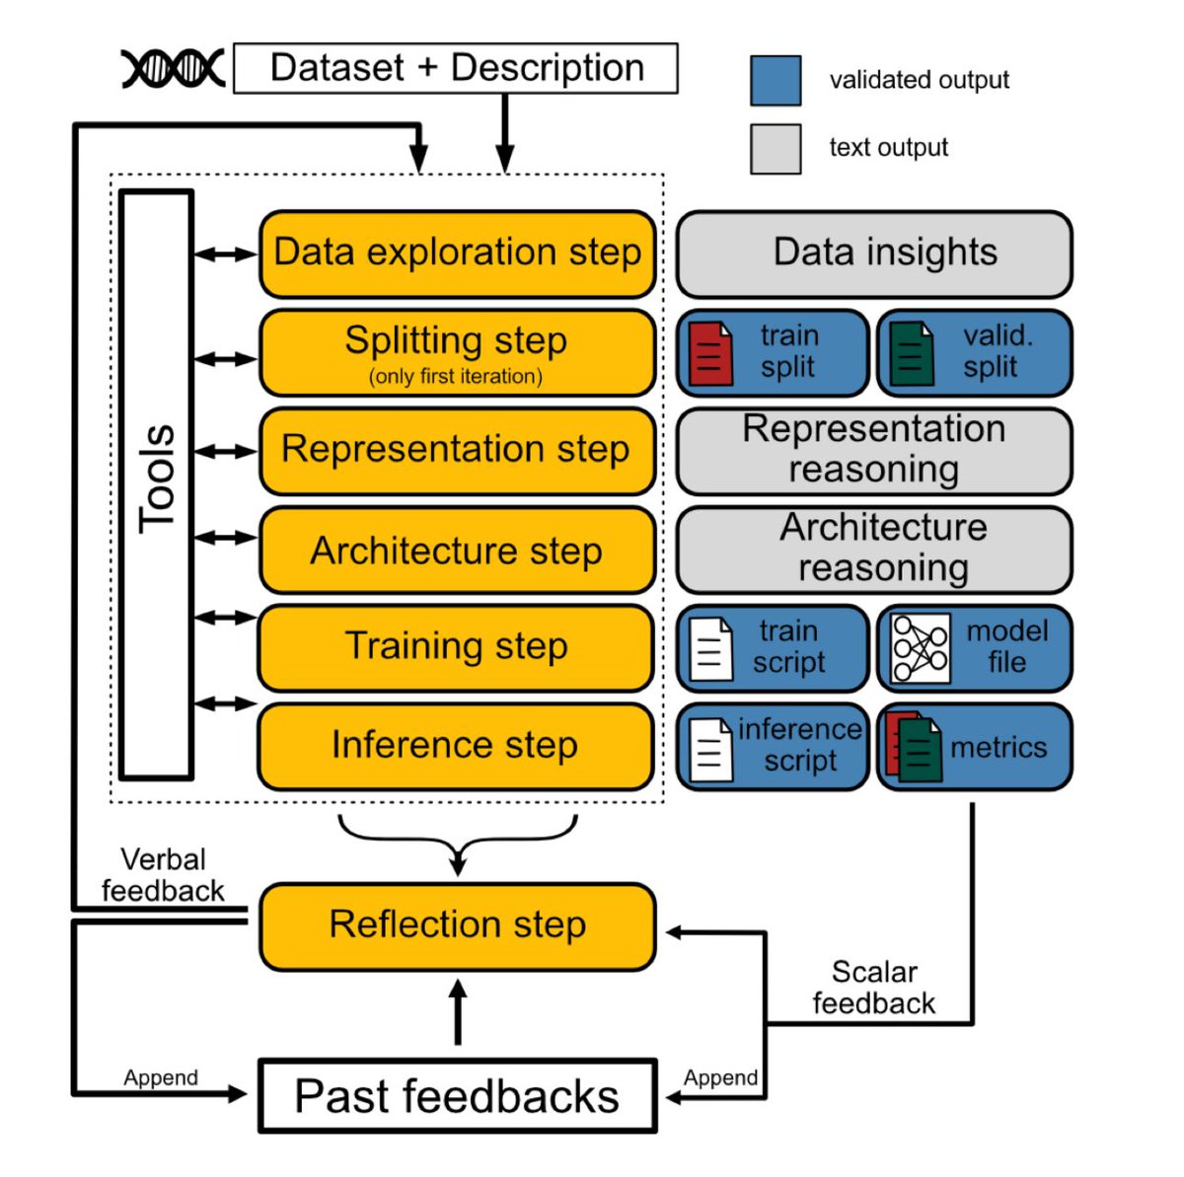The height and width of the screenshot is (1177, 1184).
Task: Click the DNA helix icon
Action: [x=173, y=68]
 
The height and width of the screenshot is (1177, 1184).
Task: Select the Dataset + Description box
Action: [x=456, y=68]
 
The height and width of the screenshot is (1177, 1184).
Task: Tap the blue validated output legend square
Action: [x=776, y=80]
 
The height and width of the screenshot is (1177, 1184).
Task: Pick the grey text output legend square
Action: [x=776, y=149]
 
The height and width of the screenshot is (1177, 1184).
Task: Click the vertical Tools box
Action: [x=156, y=483]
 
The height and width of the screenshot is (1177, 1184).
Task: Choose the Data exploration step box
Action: [x=457, y=254]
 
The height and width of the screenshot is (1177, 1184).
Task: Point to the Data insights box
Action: [x=874, y=254]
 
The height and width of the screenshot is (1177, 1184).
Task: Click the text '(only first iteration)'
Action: [x=456, y=377]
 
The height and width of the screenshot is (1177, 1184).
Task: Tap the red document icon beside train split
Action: [x=710, y=353]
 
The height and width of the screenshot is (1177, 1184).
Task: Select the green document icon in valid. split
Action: [x=912, y=353]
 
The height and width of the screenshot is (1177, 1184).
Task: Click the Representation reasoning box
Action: [x=874, y=451]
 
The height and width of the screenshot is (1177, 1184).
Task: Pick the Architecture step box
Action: [x=457, y=551]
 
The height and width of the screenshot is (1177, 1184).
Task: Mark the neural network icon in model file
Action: [x=920, y=648]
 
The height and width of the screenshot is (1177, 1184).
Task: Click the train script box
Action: [x=773, y=648]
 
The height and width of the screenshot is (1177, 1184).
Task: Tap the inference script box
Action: [x=773, y=746]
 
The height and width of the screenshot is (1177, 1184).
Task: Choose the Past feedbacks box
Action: [x=457, y=1096]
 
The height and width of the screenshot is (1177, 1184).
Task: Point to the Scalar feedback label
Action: [x=874, y=988]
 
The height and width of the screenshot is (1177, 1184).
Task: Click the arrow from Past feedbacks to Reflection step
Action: [x=457, y=1011]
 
